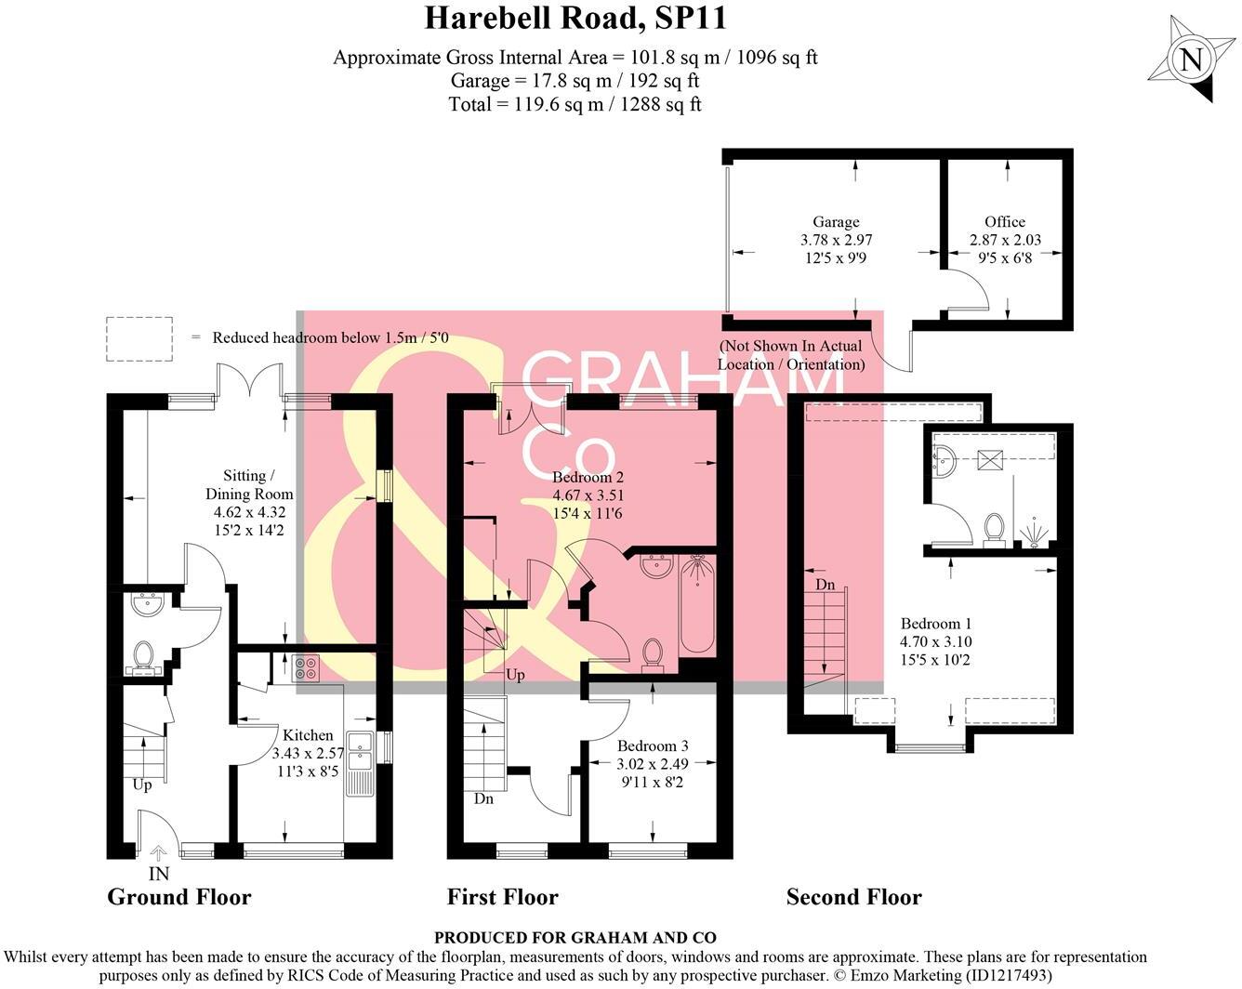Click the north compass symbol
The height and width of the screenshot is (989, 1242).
(1189, 60)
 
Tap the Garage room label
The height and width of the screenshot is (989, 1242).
(836, 222)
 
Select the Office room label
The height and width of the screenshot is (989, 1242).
(1005, 222)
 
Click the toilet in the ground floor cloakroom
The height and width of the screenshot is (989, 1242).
(143, 655)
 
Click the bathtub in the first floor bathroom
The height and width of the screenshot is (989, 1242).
(695, 605)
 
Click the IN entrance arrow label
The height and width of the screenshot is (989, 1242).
(158, 874)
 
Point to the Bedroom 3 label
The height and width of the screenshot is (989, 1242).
(653, 745)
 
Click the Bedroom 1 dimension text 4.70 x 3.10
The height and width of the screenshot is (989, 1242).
(935, 641)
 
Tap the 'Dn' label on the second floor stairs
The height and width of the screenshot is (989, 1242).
(825, 585)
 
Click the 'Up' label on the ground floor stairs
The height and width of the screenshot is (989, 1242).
(141, 785)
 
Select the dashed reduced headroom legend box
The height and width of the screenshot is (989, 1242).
(139, 338)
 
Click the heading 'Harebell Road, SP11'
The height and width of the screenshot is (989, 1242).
(575, 18)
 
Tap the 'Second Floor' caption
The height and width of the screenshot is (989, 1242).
(853, 897)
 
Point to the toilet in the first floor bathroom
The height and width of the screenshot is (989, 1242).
(653, 653)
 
